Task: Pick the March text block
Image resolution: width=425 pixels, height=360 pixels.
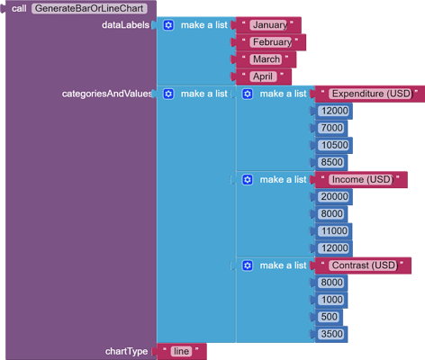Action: click(266, 59)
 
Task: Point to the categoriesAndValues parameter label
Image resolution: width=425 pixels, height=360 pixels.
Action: click(106, 94)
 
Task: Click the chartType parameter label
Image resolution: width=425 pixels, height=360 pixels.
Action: click(126, 351)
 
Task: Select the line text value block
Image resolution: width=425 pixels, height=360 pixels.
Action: click(181, 351)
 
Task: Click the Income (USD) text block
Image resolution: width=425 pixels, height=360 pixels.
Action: click(361, 179)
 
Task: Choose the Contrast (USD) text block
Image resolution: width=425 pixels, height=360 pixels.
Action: click(363, 265)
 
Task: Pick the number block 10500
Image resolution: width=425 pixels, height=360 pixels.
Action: click(333, 145)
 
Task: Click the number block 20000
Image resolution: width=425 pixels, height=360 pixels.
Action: click(333, 196)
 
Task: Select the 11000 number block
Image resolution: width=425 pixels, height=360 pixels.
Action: click(333, 230)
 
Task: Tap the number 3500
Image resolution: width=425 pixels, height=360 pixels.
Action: click(331, 334)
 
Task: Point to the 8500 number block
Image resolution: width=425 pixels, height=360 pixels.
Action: click(331, 162)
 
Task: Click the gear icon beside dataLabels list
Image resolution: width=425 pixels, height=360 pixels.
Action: click(168, 25)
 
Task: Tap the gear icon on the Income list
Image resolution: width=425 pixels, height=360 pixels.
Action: click(248, 179)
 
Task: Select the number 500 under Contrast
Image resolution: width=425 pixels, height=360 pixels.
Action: click(329, 317)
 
